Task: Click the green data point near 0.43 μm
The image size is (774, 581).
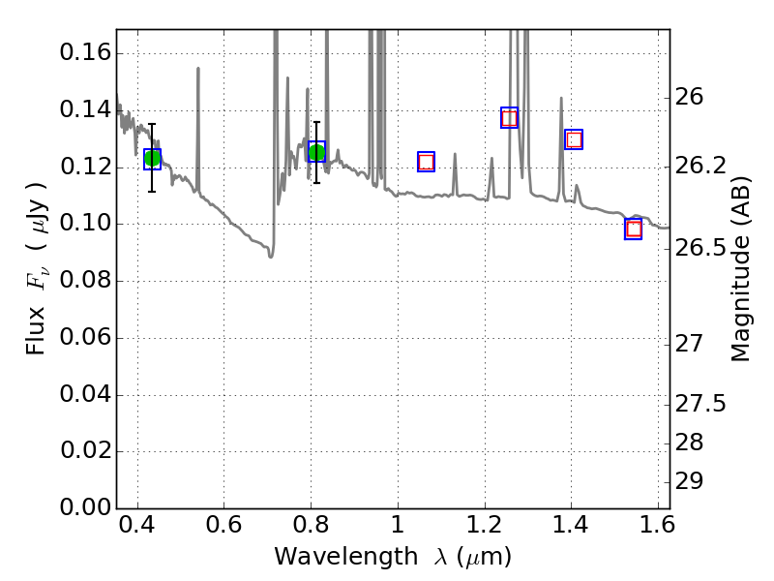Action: pyautogui.click(x=152, y=159)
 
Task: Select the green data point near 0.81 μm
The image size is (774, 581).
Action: pyautogui.click(x=316, y=152)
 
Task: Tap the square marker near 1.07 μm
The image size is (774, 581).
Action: pyautogui.click(x=426, y=162)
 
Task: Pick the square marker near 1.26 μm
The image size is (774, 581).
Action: pyautogui.click(x=509, y=117)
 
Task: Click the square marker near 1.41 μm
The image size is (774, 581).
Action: pyautogui.click(x=574, y=139)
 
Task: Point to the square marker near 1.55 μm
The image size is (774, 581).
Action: pyautogui.click(x=634, y=229)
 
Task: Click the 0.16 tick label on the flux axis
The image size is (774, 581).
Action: pyautogui.click(x=82, y=52)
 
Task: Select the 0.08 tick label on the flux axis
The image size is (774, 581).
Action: pyautogui.click(x=82, y=281)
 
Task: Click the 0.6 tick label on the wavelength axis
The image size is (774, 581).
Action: pyautogui.click(x=223, y=530)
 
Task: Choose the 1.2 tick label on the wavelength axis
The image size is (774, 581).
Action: pyautogui.click(x=483, y=530)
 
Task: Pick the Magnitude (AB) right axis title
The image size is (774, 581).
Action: pyautogui.click(x=741, y=269)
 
